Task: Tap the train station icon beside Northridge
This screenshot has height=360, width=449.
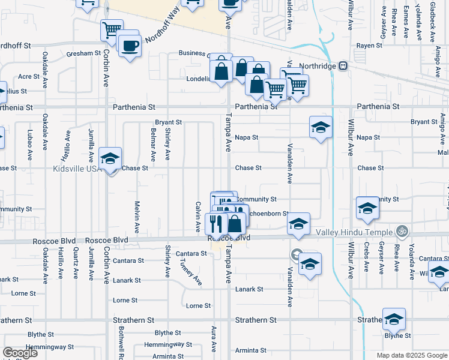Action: click(x=343, y=65)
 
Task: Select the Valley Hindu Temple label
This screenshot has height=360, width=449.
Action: click(x=361, y=232)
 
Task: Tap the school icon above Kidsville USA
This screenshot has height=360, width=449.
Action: click(x=110, y=159)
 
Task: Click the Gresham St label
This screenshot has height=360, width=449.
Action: click(x=84, y=53)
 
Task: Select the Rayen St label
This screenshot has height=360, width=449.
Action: click(x=370, y=46)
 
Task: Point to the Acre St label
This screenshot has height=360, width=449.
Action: click(x=29, y=77)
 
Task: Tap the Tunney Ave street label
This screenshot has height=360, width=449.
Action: click(x=190, y=269)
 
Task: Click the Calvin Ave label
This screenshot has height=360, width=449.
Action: click(x=197, y=217)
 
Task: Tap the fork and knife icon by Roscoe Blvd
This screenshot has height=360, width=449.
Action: click(x=216, y=224)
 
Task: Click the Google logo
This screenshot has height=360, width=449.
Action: click(x=20, y=353)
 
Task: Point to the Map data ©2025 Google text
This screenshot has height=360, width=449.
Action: click(x=411, y=355)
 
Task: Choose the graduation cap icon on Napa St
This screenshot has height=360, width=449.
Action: click(x=321, y=127)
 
